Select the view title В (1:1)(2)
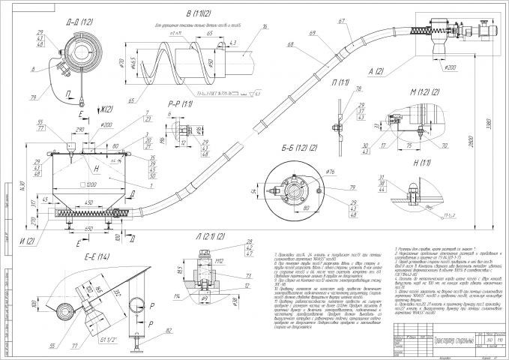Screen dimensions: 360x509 (x=178, y=15)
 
